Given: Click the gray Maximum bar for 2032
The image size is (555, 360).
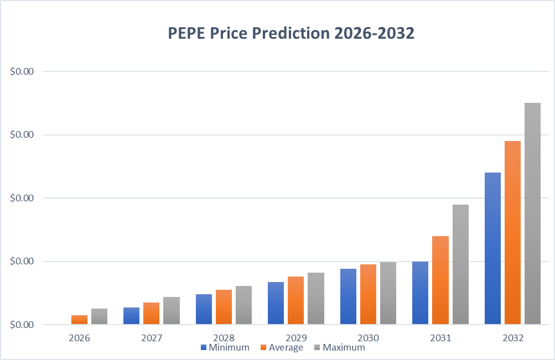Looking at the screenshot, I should [x=532, y=213].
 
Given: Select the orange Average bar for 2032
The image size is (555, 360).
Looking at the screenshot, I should [x=512, y=232].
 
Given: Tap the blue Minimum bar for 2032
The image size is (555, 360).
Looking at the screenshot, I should [x=492, y=248].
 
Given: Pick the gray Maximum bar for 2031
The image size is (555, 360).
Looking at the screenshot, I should [x=460, y=264].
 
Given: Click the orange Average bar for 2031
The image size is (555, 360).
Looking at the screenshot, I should [x=440, y=280].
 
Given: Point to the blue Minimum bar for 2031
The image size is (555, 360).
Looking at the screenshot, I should [x=420, y=293].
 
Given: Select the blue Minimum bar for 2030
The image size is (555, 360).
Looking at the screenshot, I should [x=348, y=296].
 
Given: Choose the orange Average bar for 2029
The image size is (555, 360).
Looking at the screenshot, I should [x=296, y=300].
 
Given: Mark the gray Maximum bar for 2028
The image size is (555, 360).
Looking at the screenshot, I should [x=243, y=305].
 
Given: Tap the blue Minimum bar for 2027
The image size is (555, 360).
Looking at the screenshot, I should [x=131, y=316].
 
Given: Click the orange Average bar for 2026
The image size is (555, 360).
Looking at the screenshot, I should [x=79, y=320].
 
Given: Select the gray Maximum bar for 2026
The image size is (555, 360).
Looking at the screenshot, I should [x=99, y=316].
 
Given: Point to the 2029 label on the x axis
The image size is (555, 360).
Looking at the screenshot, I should [x=295, y=337].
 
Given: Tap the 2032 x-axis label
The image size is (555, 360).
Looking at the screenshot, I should [x=512, y=337].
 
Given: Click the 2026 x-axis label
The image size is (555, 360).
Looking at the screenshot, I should [x=79, y=337].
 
